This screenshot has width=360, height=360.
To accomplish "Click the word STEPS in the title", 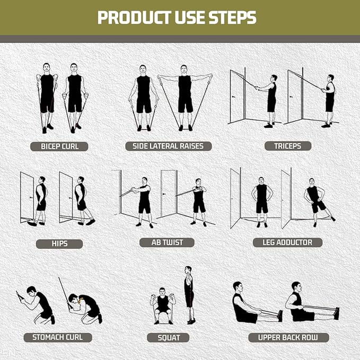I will (231, 17).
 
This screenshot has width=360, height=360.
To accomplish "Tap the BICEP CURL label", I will (59, 146).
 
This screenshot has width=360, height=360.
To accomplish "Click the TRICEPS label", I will (288, 146).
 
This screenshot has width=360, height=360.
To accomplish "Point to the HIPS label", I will (59, 244).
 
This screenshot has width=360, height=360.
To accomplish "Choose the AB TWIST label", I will (166, 242).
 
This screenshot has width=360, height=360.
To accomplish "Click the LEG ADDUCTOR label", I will (287, 242).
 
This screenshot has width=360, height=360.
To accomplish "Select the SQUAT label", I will (169, 337).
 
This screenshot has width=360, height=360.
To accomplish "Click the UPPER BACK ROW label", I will (288, 337).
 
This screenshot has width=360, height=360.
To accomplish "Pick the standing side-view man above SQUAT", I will (189, 295).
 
